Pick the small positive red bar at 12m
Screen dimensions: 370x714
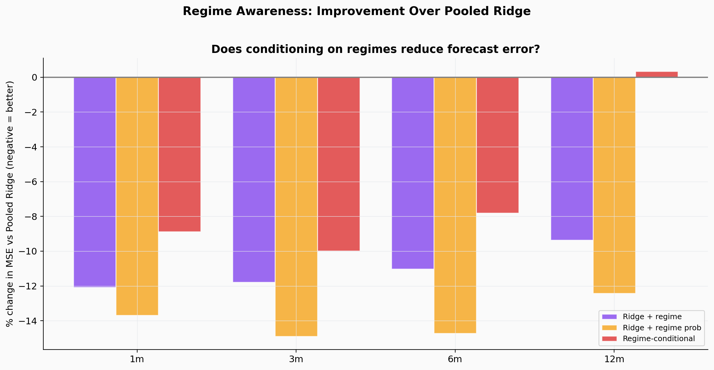pos(657,74)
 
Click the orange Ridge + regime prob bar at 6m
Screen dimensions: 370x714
pos(455,205)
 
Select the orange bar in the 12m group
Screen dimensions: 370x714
pos(614,185)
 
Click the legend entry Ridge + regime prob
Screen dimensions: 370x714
pos(662,328)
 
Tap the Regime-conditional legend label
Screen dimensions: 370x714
pos(659,338)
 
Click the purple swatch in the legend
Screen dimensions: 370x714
pos(609,317)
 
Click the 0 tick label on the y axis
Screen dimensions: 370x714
pos(34,78)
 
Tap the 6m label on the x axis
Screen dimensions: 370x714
pos(455,359)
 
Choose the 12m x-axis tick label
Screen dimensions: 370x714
pos(614,359)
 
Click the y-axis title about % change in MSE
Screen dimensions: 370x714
pos(10,204)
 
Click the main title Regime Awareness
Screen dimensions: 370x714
pos(357,11)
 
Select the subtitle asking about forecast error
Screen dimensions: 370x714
pos(376,49)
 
